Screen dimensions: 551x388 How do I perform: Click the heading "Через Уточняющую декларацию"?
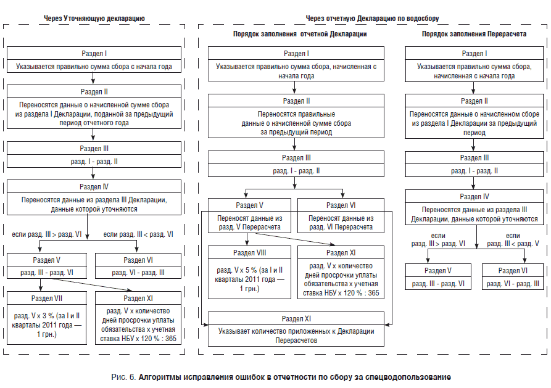94,19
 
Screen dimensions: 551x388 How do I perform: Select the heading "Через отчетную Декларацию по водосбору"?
372,19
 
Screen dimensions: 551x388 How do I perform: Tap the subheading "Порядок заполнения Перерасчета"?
474,34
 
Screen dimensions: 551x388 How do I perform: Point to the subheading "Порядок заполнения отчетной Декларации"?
300,34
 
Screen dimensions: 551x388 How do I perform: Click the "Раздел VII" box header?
47,299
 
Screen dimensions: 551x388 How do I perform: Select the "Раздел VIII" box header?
249,253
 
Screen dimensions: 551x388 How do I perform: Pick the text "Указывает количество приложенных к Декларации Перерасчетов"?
296,336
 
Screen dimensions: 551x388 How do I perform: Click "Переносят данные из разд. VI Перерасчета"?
341,223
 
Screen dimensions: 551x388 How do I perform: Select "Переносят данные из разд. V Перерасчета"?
249,223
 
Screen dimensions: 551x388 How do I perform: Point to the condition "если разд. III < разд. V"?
513,239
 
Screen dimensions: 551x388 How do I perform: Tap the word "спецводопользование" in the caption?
408,378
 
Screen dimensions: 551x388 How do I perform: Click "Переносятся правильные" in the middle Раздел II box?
296,114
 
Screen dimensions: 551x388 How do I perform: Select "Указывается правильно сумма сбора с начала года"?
94,67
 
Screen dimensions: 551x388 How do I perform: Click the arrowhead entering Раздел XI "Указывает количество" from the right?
386,324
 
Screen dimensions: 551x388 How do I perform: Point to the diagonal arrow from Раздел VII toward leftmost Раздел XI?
92,285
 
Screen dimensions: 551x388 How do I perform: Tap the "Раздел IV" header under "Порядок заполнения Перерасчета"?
474,196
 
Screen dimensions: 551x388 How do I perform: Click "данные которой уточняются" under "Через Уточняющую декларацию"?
94,209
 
